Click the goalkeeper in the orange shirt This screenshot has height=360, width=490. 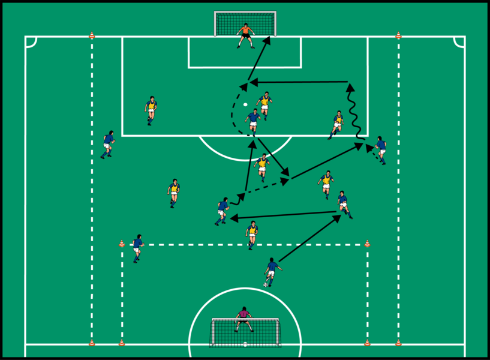coord(245,35)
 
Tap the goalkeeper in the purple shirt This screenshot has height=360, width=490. coord(243,319)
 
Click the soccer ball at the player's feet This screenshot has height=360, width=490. coord(266,284)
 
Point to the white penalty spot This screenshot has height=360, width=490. coord(245,105)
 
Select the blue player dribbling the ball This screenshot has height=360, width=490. coord(272,271)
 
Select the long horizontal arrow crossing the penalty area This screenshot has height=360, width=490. coord(300,82)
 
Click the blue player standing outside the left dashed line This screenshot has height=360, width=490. coord(108,144)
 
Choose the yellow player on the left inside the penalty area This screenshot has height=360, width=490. coord(151,110)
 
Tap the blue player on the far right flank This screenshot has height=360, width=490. coord(380,149)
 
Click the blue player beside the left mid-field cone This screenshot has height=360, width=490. coord(138,248)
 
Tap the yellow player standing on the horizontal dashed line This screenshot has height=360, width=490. coord(252,234)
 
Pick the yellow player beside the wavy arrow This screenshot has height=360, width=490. coord(337,124)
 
